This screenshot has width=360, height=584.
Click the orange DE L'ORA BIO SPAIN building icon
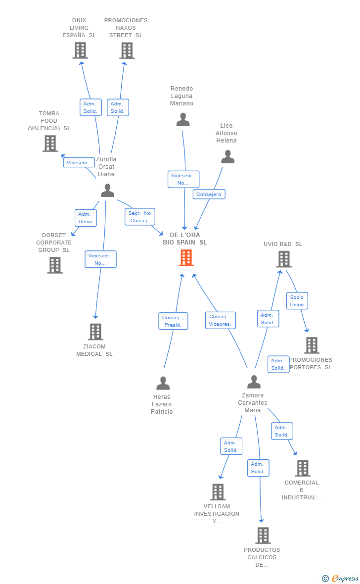pyautogui.click(x=186, y=258)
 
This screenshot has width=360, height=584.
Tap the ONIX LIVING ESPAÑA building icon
pyautogui.click(x=80, y=50)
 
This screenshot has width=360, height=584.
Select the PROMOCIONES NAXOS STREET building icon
pyautogui.click(x=127, y=50)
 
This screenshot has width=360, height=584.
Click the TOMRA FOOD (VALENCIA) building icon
pyautogui.click(x=50, y=144)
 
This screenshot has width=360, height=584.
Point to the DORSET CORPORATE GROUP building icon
pyautogui.click(x=55, y=265)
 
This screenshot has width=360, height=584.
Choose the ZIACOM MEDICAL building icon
pyautogui.click(x=95, y=332)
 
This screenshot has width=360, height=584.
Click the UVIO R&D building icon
pyautogui.click(x=283, y=259)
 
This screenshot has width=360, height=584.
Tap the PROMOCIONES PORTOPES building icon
pyautogui.click(x=312, y=345)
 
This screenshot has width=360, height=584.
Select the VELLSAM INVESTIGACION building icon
pyautogui.click(x=218, y=492)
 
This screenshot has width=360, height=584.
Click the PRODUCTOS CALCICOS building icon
pyautogui.click(x=263, y=535)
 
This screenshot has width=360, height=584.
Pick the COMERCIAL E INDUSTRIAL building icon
pyautogui.click(x=302, y=468)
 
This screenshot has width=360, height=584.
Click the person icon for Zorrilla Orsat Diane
pyautogui.click(x=107, y=191)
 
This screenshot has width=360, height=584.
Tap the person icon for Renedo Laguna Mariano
pyautogui.click(x=183, y=120)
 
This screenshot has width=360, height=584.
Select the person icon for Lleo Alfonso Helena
pyautogui.click(x=227, y=157)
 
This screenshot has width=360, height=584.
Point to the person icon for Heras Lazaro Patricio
pyautogui.click(x=163, y=383)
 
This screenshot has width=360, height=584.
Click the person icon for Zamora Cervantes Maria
pyautogui.click(x=254, y=382)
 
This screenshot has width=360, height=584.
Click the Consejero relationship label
pyautogui.click(x=209, y=195)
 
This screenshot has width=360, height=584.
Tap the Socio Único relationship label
pyautogui.click(x=297, y=300)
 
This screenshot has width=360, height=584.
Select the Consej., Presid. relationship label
pyautogui.click(x=173, y=321)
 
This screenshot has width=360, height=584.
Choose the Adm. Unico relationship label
pyautogui.click(x=85, y=218)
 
